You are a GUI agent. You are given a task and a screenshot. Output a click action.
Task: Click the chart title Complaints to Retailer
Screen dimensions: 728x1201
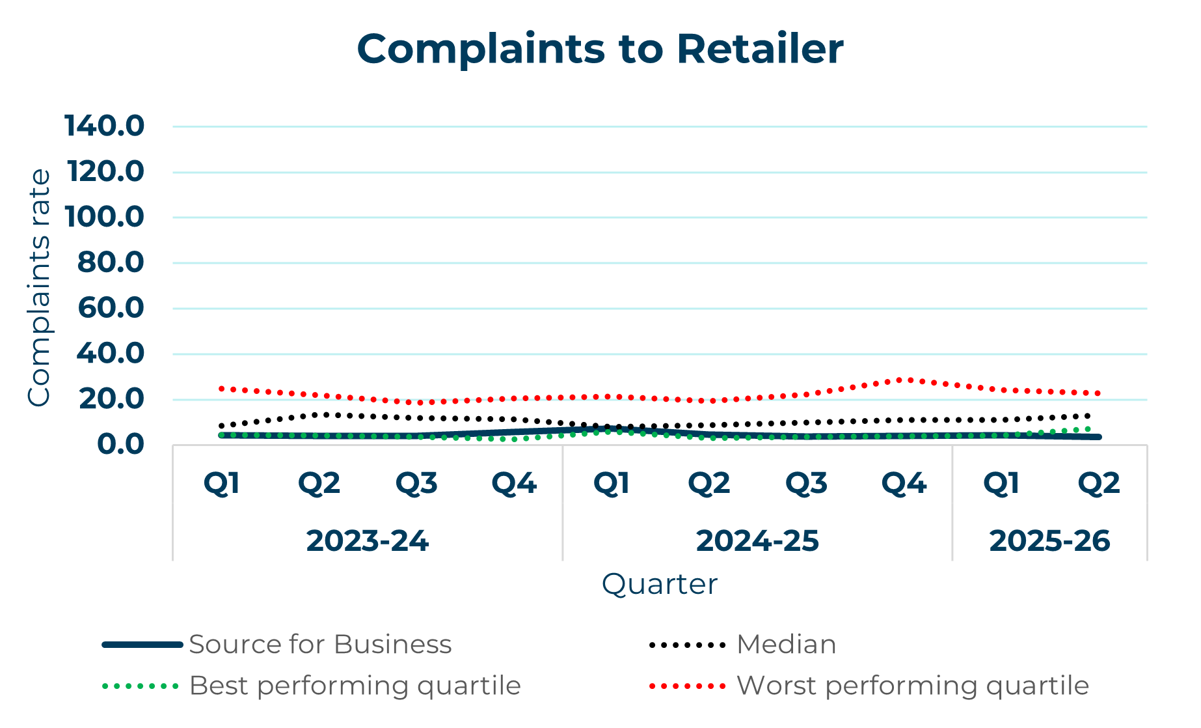pyautogui.click(x=600, y=49)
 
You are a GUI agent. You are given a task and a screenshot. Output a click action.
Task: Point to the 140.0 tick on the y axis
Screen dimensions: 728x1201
pyautogui.click(x=104, y=126)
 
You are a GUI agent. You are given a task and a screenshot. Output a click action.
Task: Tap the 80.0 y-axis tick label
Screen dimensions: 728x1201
pyautogui.click(x=110, y=262)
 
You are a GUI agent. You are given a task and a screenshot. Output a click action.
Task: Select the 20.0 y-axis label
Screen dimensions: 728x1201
pyautogui.click(x=111, y=399)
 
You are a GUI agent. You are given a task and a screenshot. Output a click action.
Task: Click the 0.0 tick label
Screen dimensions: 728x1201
pyautogui.click(x=120, y=445)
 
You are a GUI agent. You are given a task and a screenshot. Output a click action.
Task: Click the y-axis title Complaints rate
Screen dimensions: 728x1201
pyautogui.click(x=39, y=287)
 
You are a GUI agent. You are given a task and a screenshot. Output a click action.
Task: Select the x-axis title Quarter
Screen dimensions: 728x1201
pyautogui.click(x=659, y=584)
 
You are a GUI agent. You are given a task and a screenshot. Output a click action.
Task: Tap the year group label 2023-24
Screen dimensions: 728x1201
pyautogui.click(x=368, y=541)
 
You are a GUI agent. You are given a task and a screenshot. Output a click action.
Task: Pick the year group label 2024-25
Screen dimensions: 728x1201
pyautogui.click(x=757, y=541)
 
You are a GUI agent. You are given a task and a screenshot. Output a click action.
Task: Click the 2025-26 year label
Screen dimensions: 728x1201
pyautogui.click(x=1049, y=541)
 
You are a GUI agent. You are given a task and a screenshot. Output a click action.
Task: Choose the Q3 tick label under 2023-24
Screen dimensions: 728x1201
pyautogui.click(x=416, y=483)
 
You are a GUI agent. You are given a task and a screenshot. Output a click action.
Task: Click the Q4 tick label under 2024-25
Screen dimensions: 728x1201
pyautogui.click(x=904, y=483)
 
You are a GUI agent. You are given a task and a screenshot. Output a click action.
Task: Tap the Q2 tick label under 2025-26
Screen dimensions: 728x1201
pyautogui.click(x=1099, y=483)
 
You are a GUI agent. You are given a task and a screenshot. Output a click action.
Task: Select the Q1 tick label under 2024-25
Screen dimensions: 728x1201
pyautogui.click(x=612, y=483)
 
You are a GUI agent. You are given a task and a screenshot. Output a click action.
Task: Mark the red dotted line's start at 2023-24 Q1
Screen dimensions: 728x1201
pyautogui.click(x=221, y=388)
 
